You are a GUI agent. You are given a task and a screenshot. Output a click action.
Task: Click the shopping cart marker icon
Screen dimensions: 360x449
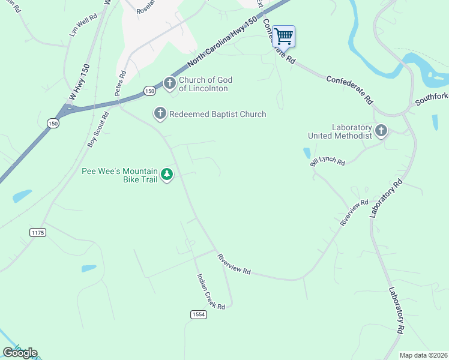point(283,36)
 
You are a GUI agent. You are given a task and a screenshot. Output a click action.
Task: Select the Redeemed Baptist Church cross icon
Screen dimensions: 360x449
point(160,113)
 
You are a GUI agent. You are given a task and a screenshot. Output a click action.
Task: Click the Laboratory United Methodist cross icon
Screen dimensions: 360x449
point(381,130)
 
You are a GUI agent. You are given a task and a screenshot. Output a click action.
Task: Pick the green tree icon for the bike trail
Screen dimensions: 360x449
point(167,175)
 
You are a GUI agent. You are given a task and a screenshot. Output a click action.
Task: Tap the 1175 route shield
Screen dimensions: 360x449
point(37,232)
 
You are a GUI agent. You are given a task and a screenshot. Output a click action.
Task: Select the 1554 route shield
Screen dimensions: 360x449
point(199,314)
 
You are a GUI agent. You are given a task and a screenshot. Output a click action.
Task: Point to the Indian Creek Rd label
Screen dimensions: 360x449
point(211,292)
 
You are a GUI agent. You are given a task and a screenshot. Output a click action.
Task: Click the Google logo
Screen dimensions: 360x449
point(20,353)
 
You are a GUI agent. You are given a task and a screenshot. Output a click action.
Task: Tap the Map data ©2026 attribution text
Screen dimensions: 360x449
point(423,355)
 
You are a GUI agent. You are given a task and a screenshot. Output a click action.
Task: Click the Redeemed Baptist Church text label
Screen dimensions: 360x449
point(218,114)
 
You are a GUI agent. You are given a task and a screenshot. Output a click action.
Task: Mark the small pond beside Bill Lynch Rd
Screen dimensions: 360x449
point(307,153)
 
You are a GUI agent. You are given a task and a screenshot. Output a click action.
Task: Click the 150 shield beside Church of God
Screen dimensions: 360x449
point(149,91)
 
